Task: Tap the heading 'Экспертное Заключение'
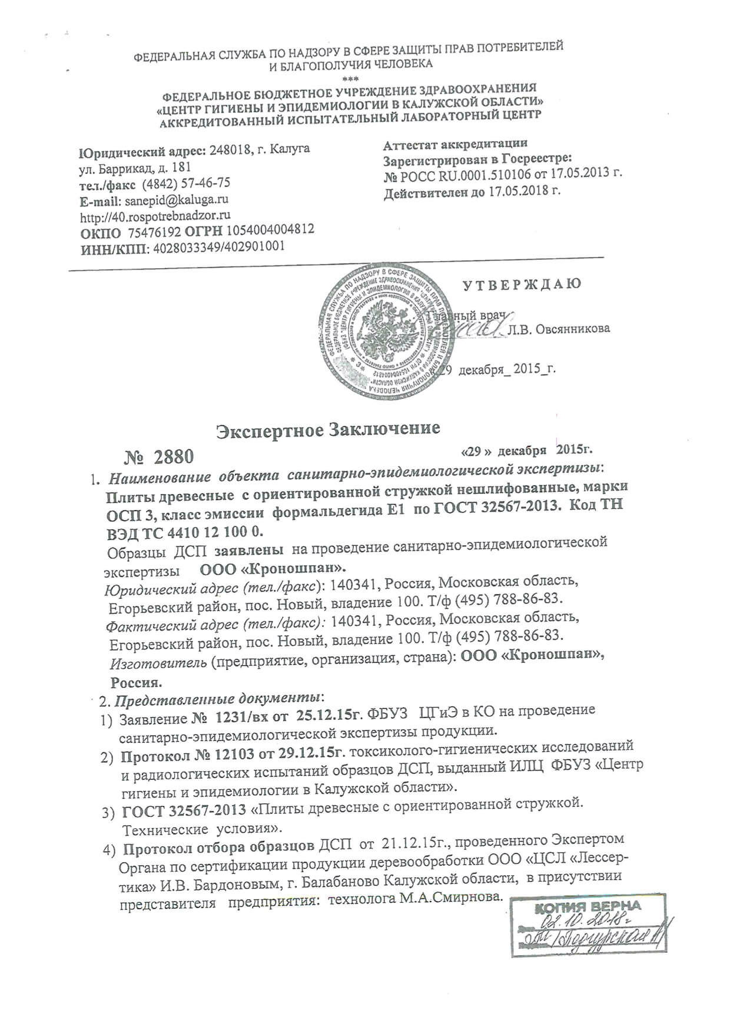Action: click(x=328, y=428)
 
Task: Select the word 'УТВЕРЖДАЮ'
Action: click(x=522, y=285)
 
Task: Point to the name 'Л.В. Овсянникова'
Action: click(x=559, y=329)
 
